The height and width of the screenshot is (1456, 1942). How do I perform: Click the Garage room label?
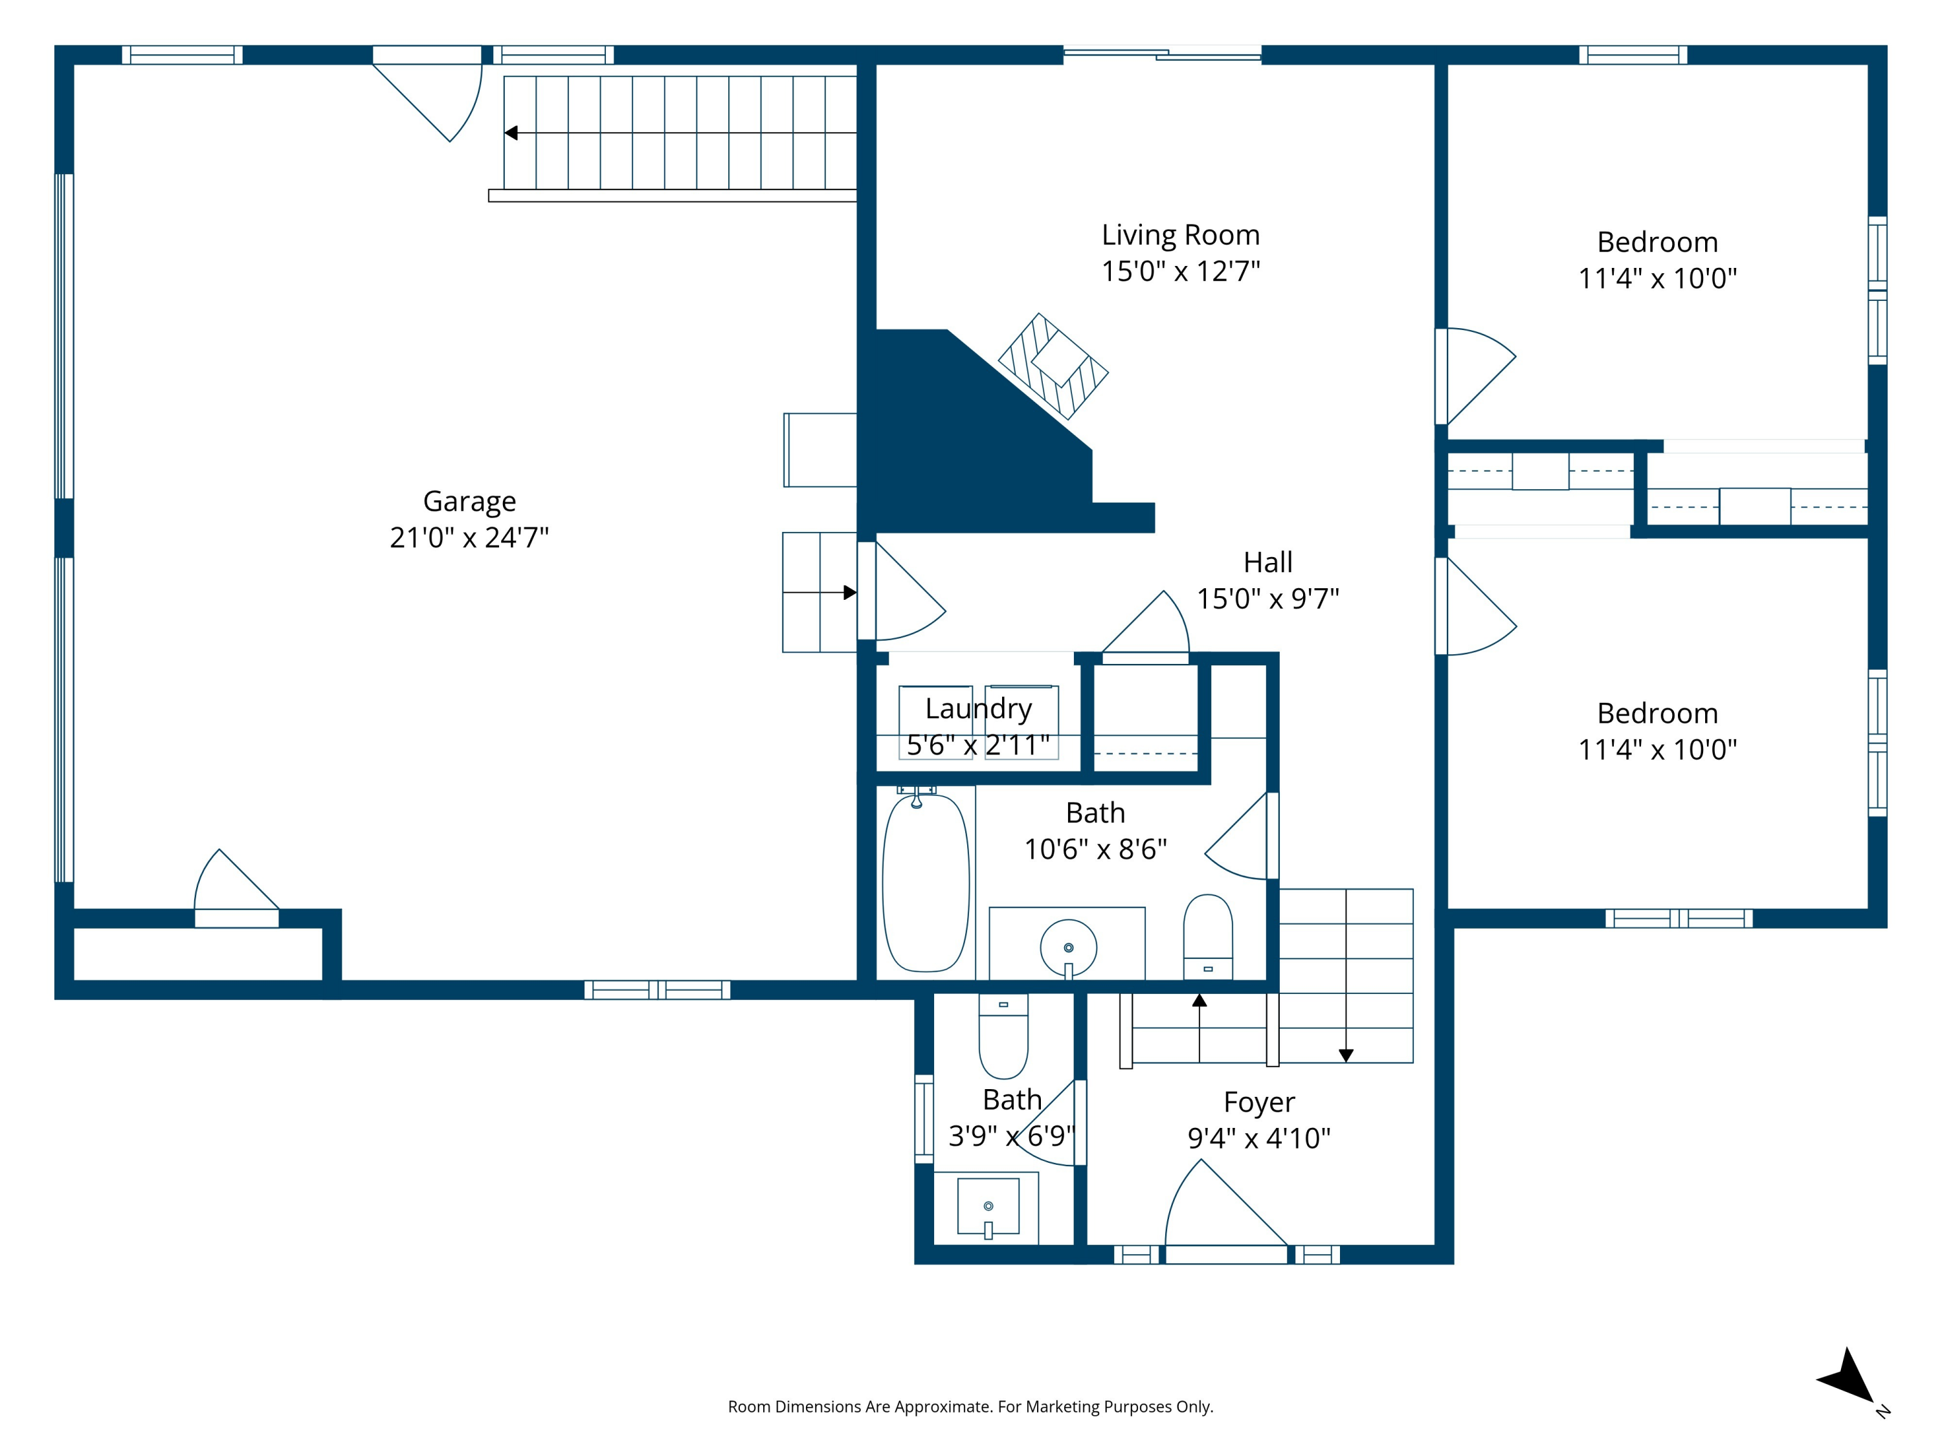point(470,501)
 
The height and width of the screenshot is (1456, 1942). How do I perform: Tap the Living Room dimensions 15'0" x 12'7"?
point(1181,271)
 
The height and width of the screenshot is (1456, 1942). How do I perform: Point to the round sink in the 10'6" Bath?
point(1069,948)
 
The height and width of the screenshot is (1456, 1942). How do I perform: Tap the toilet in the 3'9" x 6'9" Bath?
point(1003,1035)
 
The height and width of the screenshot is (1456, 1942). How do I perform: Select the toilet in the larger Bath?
point(1208,936)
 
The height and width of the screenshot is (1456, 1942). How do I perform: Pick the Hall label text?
point(1267,562)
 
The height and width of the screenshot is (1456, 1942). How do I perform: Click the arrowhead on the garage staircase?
point(511,133)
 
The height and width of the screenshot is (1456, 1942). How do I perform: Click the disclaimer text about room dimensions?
point(970,1407)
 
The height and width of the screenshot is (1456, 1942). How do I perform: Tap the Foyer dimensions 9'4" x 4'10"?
point(1259,1138)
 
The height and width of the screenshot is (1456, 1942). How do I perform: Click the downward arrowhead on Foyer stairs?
point(1346,1056)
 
